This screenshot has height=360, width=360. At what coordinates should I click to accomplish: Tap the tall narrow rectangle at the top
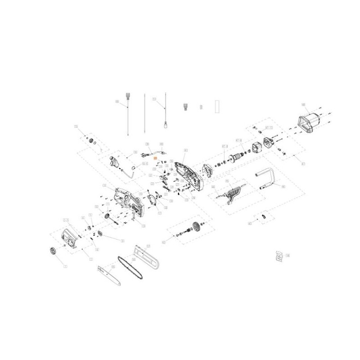pos(218,106)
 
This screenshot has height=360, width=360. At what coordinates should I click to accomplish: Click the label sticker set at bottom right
pos(279,256)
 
